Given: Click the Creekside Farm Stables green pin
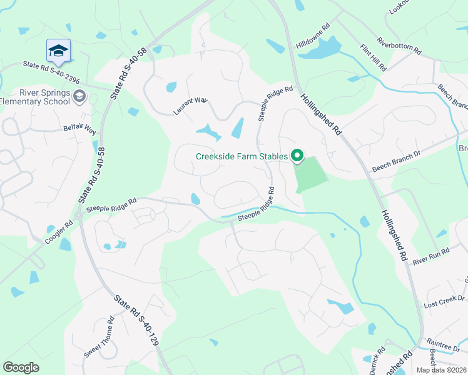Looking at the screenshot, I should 298,156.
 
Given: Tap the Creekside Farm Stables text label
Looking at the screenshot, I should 242,156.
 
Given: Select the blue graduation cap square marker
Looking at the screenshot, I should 58,51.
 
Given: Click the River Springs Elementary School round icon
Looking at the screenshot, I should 79,96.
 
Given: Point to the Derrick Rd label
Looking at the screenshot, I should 377,362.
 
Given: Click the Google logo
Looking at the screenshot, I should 21,367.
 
